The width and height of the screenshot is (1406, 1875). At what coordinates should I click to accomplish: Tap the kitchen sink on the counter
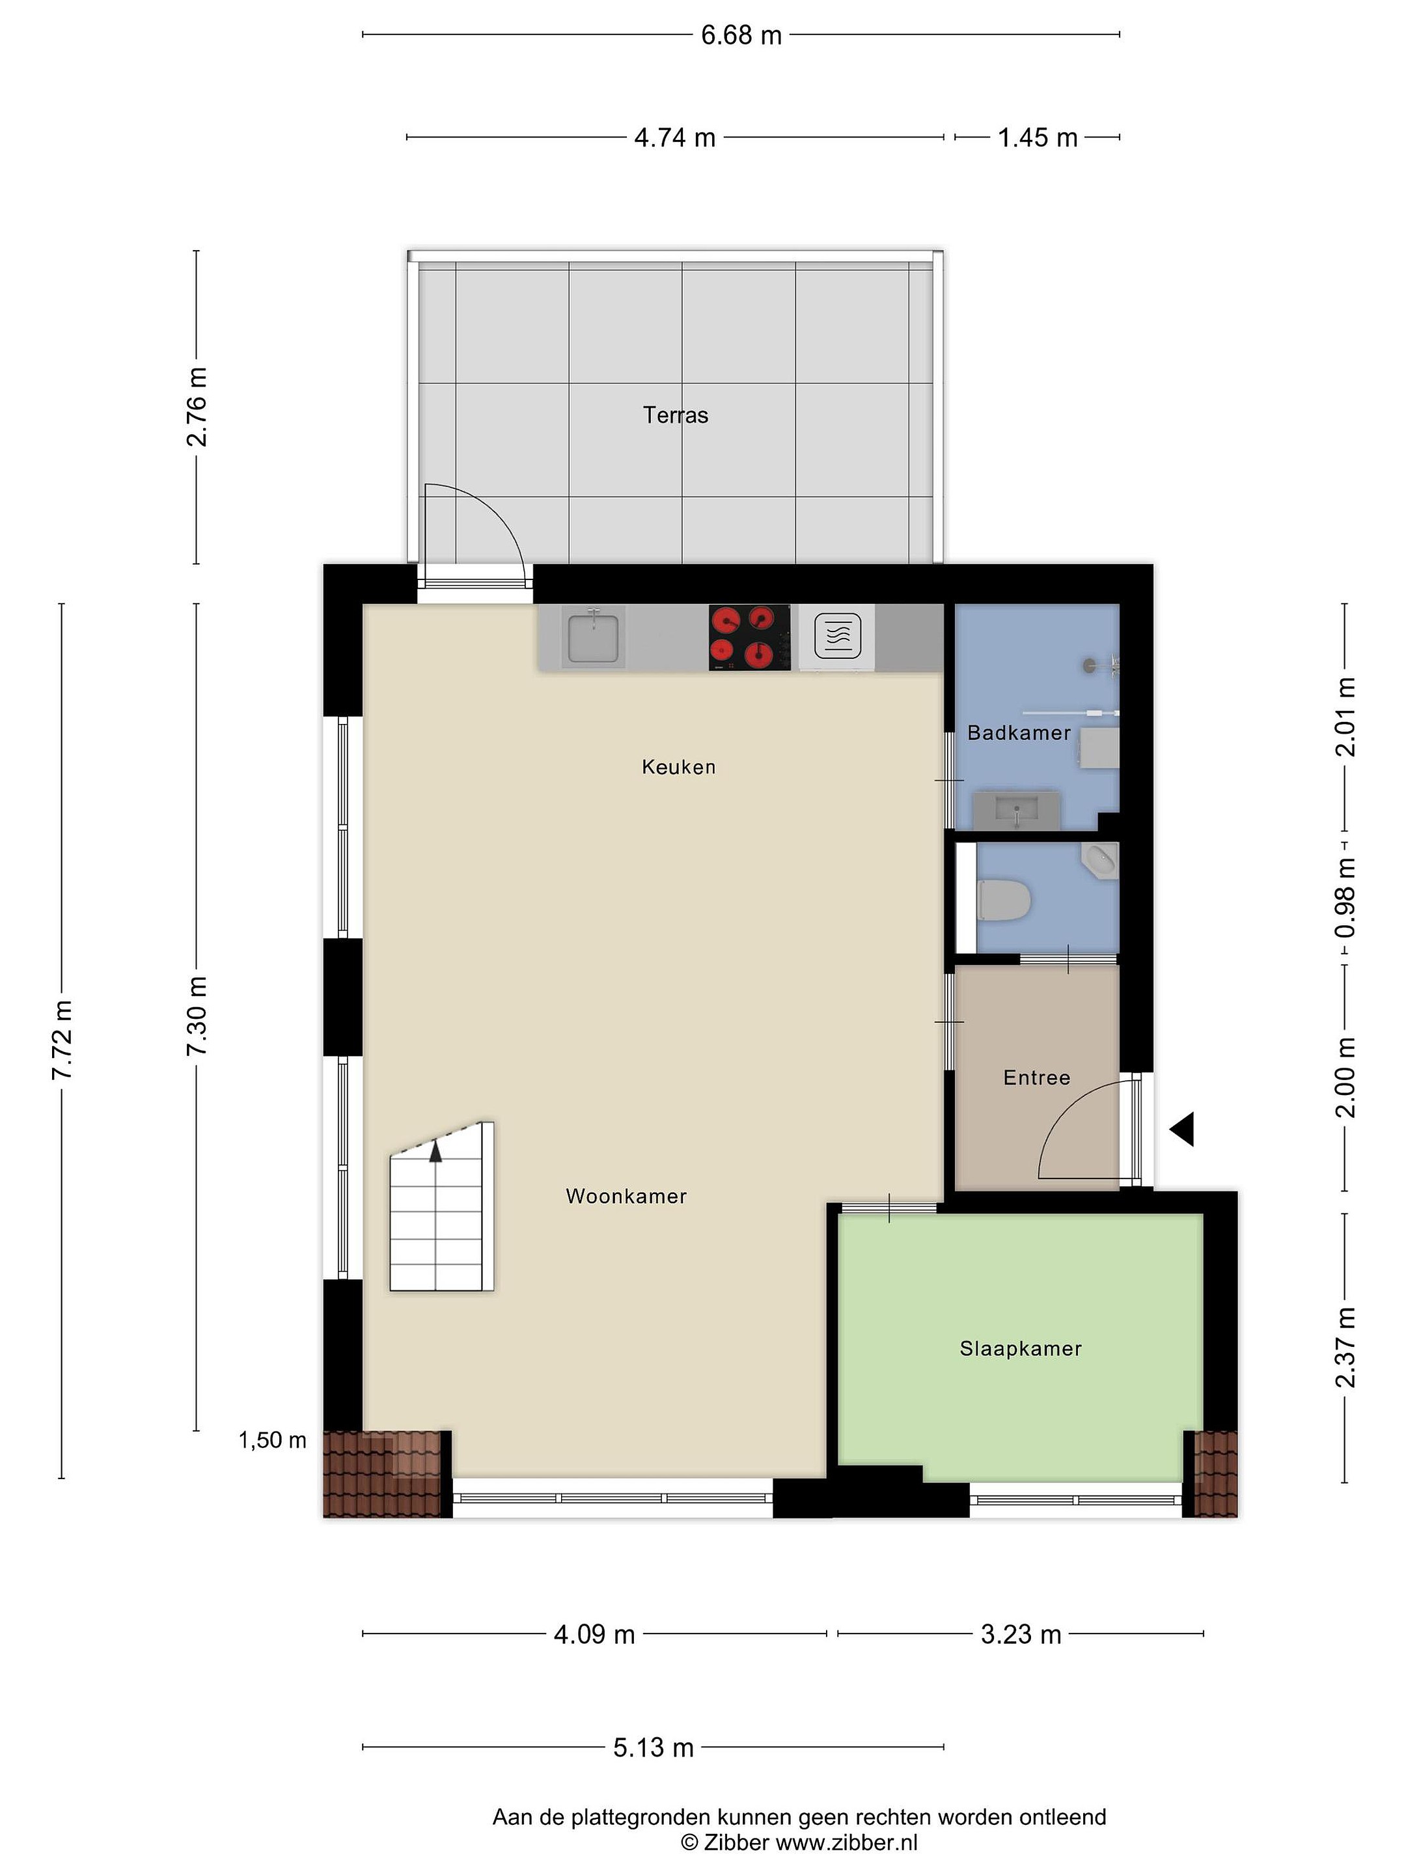coord(593,637)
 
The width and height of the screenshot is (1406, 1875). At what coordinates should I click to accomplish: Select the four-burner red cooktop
coord(749,637)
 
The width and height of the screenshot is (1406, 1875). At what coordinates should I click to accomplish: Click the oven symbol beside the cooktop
coord(837,637)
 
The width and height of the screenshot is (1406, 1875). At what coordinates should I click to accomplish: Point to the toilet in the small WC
coord(1004,899)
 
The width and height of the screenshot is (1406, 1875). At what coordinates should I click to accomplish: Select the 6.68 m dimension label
coord(741,36)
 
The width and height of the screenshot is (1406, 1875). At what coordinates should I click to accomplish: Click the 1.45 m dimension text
coord(1038,137)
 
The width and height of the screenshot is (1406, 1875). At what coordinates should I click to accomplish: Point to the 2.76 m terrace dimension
coord(197,407)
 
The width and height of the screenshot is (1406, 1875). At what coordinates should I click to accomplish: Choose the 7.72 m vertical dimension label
coord(61,1040)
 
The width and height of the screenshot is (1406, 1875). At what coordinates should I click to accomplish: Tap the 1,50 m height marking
coord(272,1440)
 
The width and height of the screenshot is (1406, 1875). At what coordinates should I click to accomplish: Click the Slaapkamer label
coord(1021,1348)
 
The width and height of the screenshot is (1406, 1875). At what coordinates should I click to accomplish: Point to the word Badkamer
coord(1019,732)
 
